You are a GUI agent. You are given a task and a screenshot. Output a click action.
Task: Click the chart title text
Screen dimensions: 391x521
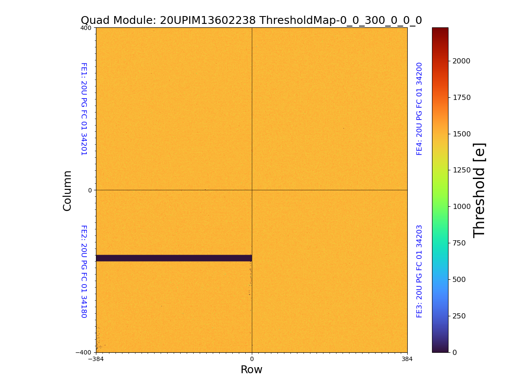251,20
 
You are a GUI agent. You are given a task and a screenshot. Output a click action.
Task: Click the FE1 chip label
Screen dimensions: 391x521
84,109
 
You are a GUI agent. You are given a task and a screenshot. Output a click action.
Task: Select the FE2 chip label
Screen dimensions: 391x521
84,271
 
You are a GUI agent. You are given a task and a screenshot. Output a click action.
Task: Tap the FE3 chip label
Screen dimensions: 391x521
419,271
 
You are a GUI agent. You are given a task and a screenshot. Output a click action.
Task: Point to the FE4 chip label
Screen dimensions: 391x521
419,109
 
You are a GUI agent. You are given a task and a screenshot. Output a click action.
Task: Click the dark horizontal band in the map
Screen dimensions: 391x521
174,258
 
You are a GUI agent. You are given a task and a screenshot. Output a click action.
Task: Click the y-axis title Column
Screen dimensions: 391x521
67,190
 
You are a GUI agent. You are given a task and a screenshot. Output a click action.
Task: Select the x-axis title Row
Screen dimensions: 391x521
251,370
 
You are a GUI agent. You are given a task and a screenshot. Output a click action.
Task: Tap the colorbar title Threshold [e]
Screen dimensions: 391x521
479,190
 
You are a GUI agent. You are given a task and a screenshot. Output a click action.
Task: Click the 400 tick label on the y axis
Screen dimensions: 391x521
86,28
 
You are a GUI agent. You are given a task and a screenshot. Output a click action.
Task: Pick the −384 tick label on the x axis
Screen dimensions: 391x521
96,359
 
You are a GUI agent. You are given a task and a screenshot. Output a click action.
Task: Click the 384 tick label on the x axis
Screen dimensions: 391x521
407,359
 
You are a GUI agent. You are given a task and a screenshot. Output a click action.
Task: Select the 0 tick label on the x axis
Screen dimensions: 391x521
251,359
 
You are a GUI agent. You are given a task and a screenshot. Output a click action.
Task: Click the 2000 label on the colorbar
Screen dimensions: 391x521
461,61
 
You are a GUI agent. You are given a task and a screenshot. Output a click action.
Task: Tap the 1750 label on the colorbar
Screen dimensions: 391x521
461,97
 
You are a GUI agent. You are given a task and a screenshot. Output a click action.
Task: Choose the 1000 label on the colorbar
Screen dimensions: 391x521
461,206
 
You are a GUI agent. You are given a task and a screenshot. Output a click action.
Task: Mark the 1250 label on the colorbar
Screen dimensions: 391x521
461,170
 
